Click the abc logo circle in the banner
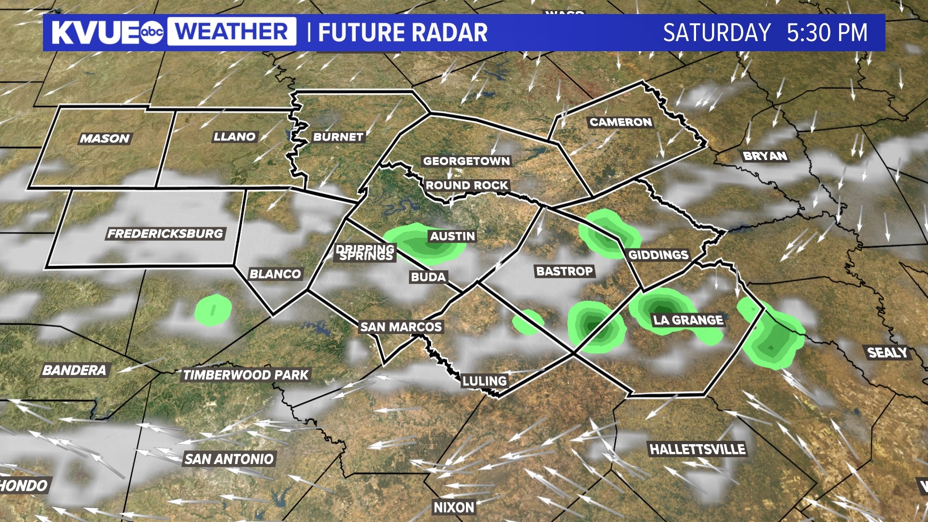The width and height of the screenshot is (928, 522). [x=152, y=32]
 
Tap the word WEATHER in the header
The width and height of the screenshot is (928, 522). [x=232, y=32]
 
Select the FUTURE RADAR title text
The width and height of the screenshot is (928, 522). [x=403, y=33]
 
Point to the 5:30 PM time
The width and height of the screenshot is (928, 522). [x=827, y=33]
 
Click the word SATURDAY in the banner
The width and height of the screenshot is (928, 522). [x=717, y=33]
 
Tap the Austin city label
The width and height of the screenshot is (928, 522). [x=452, y=236]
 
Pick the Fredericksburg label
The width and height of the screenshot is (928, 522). [x=165, y=234]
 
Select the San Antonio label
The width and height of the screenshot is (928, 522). [x=229, y=459]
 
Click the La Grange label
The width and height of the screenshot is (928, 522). [x=688, y=320]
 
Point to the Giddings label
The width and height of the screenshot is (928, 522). [x=658, y=255]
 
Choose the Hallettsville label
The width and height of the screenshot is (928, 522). [x=697, y=449]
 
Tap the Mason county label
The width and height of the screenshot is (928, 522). [x=105, y=139]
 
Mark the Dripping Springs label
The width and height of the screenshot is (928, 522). [x=366, y=252]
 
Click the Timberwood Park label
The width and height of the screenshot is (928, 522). [x=246, y=375]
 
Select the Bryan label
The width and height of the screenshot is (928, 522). [x=765, y=156]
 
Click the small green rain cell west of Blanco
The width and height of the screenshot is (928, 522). [x=213, y=310]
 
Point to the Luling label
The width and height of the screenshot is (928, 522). [x=484, y=381]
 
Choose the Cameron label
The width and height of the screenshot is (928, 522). [x=621, y=122]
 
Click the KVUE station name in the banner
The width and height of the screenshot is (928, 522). [x=95, y=32]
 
